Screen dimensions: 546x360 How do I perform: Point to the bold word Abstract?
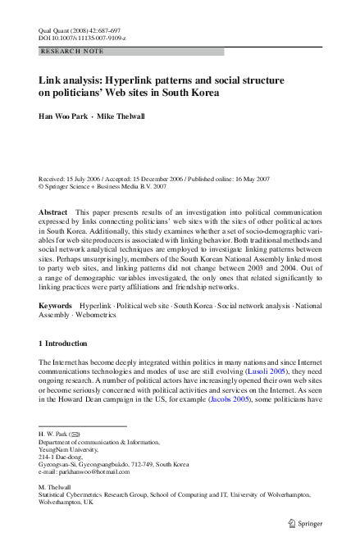pyautogui.click(x=53, y=212)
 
